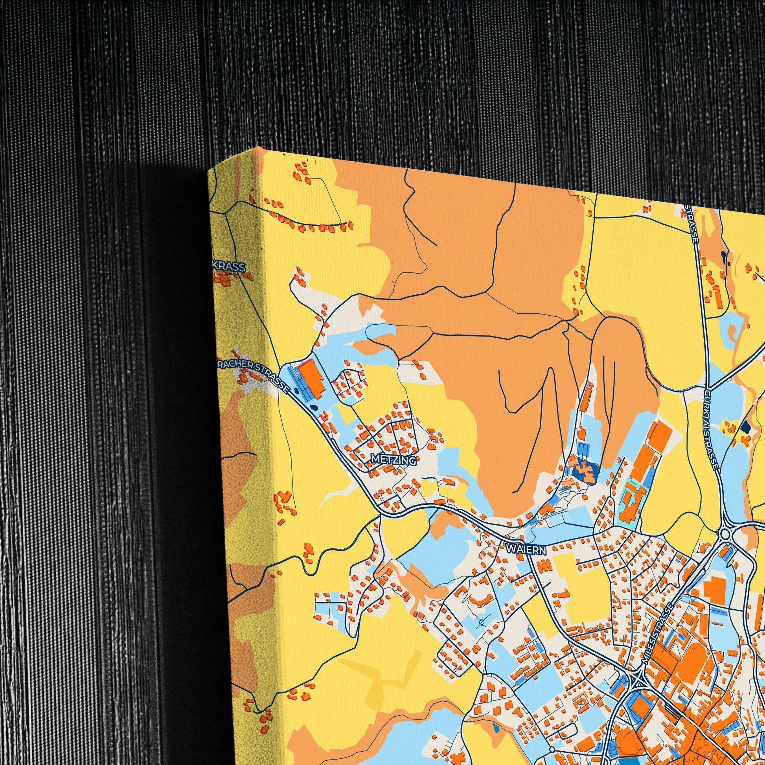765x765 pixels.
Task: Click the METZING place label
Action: pyautogui.click(x=394, y=460)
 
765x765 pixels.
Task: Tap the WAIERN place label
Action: pyautogui.click(x=526, y=550)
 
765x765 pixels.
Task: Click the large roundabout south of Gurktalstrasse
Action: pyautogui.click(x=726, y=534)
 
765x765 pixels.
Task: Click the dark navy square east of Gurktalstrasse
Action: pyautogui.click(x=746, y=427)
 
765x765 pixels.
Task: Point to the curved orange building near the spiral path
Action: pyautogui.click(x=481, y=602)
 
